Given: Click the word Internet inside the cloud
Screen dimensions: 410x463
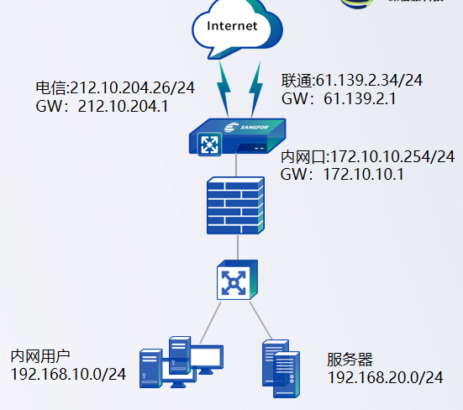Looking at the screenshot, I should point(232,25).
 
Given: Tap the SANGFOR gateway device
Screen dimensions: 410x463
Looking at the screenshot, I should point(238,137).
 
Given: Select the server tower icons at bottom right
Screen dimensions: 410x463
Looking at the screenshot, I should point(281,367).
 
